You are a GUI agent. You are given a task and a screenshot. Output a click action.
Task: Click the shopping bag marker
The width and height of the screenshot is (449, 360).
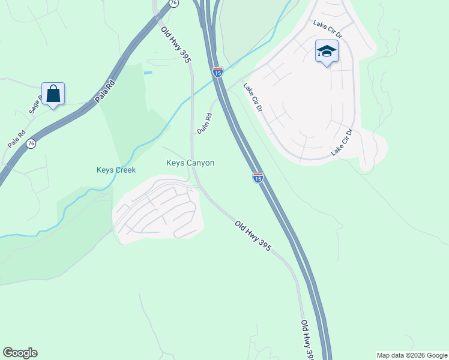[53, 94]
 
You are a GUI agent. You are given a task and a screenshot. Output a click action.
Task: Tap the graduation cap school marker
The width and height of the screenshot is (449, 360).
[326, 52]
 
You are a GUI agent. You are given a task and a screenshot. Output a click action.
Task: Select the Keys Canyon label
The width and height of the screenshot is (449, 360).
[190, 163]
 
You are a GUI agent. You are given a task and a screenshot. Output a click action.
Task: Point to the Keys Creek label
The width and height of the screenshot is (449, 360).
[116, 170]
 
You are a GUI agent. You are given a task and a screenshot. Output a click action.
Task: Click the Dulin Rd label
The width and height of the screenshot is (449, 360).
[205, 123]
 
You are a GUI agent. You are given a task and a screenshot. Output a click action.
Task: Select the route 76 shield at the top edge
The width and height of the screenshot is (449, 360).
[173, 3]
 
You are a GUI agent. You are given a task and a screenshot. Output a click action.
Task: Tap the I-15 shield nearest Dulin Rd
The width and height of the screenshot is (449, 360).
[217, 72]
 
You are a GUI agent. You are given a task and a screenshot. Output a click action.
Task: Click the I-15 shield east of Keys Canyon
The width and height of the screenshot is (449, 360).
[258, 178]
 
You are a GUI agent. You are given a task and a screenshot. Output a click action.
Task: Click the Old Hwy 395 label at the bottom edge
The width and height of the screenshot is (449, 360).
[307, 340]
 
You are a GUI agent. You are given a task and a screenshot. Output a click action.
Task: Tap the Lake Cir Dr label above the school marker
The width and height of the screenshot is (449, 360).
[327, 28]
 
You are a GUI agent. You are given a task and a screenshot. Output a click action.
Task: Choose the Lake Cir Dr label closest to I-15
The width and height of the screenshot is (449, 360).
[253, 97]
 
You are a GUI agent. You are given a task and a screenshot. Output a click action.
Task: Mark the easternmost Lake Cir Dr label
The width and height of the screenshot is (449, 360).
[342, 142]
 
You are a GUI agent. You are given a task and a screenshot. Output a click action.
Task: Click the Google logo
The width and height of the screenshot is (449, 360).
[20, 353]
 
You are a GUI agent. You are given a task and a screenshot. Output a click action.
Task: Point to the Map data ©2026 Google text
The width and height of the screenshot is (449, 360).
[411, 355]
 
